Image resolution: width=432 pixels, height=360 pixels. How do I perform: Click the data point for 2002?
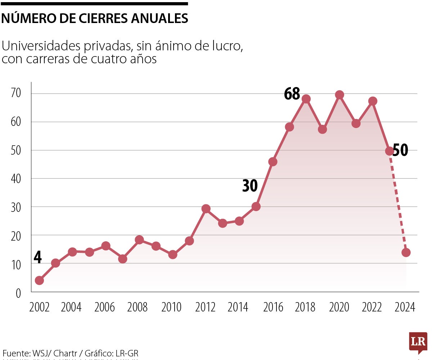[39, 281]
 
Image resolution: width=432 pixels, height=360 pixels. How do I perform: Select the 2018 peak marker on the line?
[306, 99]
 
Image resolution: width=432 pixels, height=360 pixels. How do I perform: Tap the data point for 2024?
[406, 252]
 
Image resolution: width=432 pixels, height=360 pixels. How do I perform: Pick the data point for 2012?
[206, 209]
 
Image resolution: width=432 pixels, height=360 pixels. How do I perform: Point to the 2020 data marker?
[339, 95]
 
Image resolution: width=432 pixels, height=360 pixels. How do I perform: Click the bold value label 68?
[292, 94]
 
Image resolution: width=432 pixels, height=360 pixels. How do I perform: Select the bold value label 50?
[400, 150]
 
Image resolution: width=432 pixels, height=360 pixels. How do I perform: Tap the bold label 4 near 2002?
[37, 257]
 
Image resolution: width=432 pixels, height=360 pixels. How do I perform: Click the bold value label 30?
[250, 186]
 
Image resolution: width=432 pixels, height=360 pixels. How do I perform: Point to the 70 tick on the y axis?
[16, 94]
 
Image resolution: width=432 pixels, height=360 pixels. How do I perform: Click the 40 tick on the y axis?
[16, 178]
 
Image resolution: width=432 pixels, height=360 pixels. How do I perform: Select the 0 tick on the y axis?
[18, 293]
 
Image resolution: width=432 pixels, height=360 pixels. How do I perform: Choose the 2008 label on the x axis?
[138, 307]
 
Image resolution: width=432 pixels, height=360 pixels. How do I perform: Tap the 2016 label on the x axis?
[273, 307]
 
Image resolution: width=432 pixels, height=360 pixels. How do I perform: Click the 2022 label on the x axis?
[372, 307]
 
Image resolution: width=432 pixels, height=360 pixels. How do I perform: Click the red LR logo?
[418, 342]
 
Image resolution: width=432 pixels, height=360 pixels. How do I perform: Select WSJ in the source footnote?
[38, 353]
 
